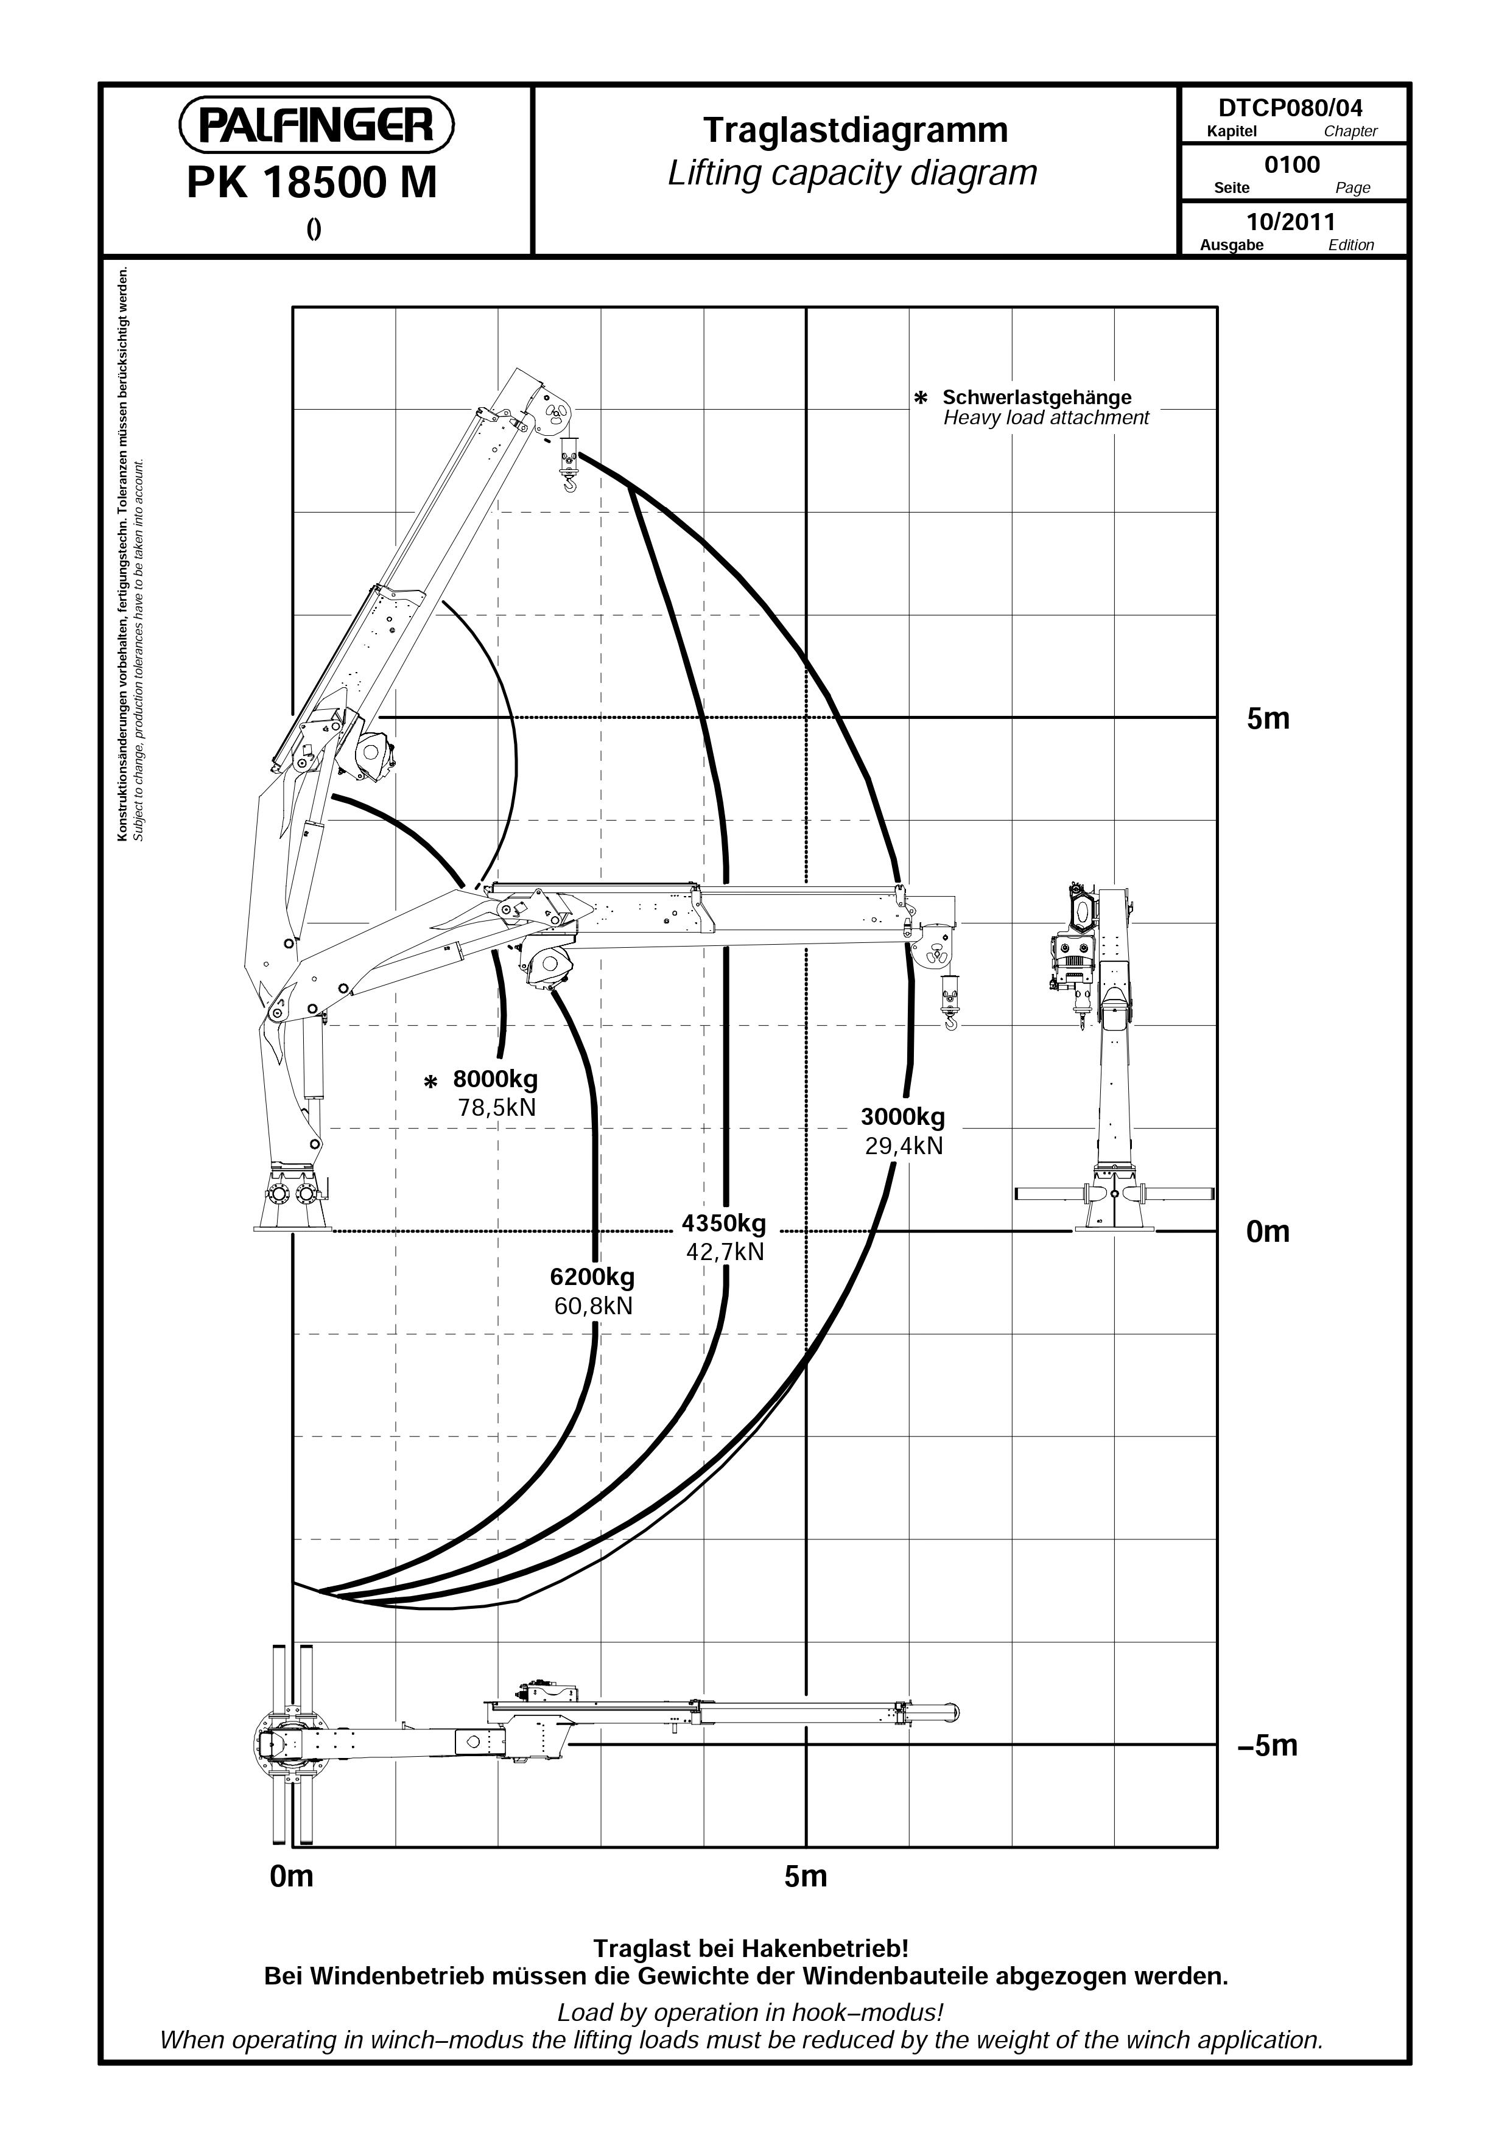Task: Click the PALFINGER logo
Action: coord(317,125)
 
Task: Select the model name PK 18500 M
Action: coord(312,183)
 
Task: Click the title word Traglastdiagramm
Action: coord(855,131)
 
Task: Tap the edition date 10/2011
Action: coord(1290,222)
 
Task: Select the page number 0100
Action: coord(1292,165)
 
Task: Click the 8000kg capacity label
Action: coord(495,1079)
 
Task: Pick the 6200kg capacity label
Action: coord(592,1276)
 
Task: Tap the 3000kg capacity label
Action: coord(902,1116)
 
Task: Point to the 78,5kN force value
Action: coord(497,1108)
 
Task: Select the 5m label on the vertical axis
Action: coord(1268,719)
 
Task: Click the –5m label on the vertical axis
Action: coord(1266,1745)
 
